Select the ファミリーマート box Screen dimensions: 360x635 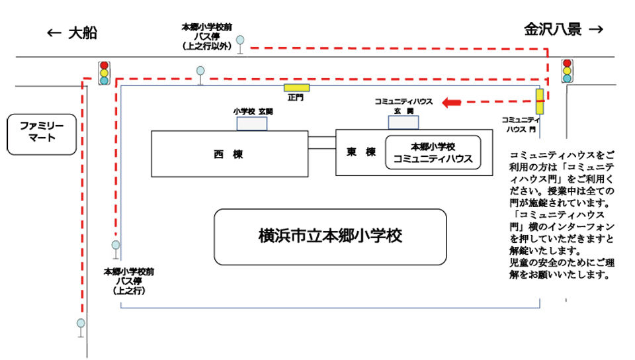pos(42,134)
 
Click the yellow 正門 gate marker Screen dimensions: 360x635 pos(296,87)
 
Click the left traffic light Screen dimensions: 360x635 pos(104,72)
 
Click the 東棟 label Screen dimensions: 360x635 pos(361,152)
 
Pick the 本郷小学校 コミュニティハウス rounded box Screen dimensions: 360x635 pos(433,153)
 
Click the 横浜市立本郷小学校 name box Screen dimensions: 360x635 pos(330,236)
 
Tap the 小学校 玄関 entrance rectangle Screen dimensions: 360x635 pos(252,123)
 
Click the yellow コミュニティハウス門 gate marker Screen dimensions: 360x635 pos(540,101)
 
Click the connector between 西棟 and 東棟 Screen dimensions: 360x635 pos(322,144)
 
